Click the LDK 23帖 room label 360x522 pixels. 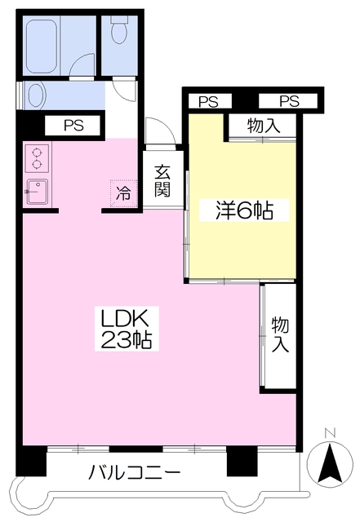click(127, 328)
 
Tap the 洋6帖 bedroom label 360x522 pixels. click(244, 210)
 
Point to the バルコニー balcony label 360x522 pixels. click(135, 472)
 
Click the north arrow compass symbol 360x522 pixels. click(330, 462)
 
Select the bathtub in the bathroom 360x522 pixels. click(42, 46)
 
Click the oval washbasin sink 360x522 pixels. click(36, 95)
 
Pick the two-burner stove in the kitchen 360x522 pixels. click(37, 158)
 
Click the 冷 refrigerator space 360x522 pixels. click(123, 193)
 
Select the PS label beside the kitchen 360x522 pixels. click(73, 126)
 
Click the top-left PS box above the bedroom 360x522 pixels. click(210, 101)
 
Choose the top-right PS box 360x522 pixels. click(288, 101)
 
